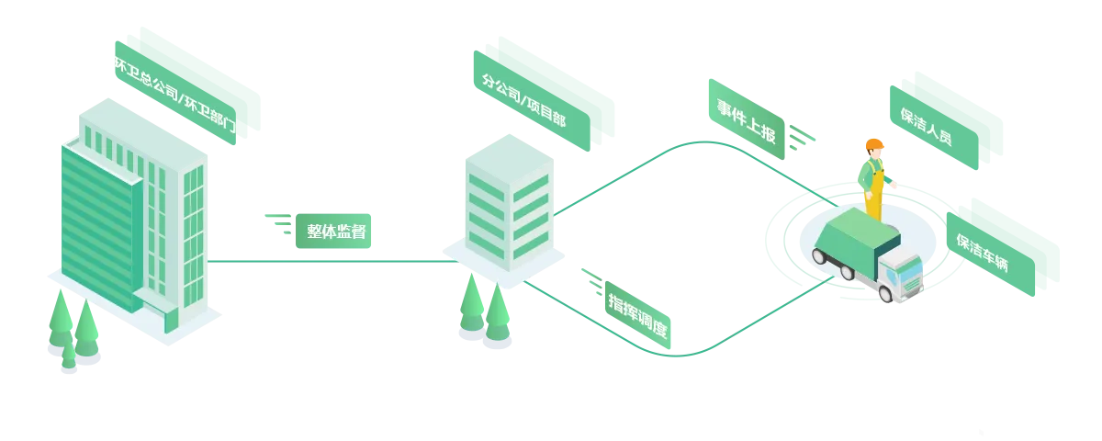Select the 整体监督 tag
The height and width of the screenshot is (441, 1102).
pos(337,232)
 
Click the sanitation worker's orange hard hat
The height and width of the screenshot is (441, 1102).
pos(872,145)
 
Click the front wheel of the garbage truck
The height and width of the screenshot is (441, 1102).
pos(886,293)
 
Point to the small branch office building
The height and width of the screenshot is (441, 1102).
pos(510,202)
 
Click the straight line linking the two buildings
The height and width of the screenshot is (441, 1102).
pos(331,262)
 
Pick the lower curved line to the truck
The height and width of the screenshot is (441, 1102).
pos(725,345)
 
